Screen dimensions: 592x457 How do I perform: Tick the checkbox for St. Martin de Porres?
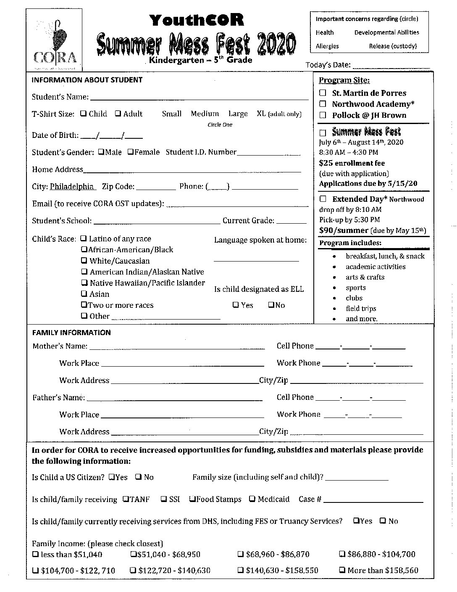coord(323,93)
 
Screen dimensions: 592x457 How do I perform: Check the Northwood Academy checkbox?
coord(323,104)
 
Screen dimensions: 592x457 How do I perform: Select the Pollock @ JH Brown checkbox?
coord(323,115)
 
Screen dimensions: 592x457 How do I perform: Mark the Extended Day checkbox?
coord(323,199)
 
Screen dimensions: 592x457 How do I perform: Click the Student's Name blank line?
coord(199,98)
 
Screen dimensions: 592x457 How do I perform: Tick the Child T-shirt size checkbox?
coord(84,114)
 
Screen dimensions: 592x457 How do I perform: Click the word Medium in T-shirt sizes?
coord(205,114)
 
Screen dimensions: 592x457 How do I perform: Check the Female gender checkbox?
coord(130,152)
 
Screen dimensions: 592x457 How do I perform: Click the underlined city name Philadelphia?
coord(72,186)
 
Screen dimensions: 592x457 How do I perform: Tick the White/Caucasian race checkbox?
coord(84,261)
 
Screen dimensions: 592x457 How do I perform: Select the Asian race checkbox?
coord(84,294)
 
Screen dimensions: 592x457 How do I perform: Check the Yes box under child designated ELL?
coord(236,305)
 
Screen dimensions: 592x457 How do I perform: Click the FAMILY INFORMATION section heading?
coord(71,333)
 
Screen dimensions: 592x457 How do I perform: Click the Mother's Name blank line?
coord(177,348)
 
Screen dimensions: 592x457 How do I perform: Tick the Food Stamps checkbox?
coord(192,499)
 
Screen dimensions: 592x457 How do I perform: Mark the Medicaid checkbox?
coord(252,499)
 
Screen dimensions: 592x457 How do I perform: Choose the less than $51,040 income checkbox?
coord(35,554)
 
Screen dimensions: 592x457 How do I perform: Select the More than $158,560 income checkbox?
coord(342,570)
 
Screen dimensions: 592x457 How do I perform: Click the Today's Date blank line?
coord(391,66)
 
